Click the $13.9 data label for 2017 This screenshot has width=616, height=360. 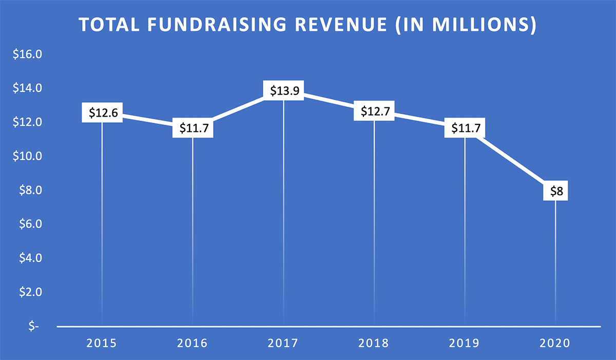coord(283,91)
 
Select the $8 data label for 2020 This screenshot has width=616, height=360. coord(555,192)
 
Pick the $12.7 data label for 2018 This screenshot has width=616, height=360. coord(374,111)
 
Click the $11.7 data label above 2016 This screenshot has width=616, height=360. coord(192,128)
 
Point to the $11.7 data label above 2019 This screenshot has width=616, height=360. coord(465,128)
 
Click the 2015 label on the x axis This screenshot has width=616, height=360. coord(102,343)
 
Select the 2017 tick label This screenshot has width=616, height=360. coord(283,343)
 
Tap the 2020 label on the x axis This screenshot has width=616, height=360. coord(555,343)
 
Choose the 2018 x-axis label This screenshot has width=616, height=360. coord(374,343)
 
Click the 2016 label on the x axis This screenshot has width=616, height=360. coord(192,343)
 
